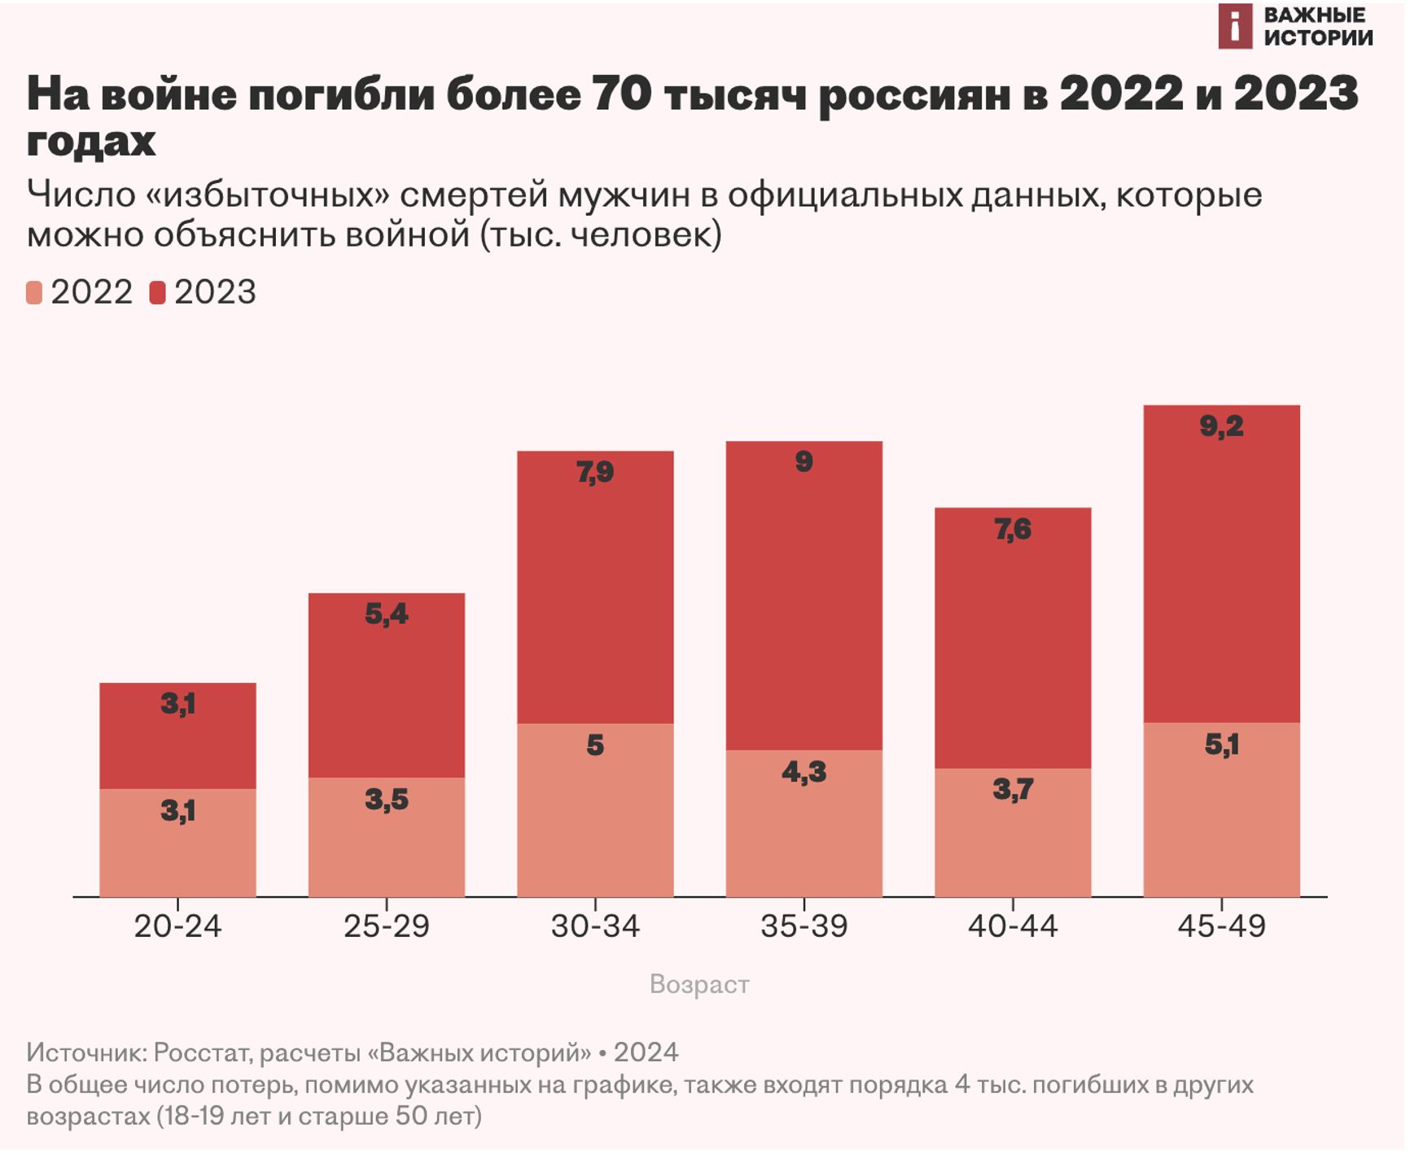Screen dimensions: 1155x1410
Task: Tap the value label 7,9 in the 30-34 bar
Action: pos(595,472)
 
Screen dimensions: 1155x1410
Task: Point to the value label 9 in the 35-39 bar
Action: pos(804,462)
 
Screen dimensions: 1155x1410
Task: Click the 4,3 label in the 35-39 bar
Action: pos(804,772)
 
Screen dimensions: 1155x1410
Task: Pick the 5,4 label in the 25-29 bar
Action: pos(386,614)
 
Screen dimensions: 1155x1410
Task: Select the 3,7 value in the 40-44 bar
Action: pos(1013,789)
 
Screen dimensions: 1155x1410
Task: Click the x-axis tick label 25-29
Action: pos(386,926)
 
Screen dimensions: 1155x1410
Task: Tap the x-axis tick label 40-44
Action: pos(1013,926)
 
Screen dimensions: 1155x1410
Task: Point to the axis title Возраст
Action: pos(699,984)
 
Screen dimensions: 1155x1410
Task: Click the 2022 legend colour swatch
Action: pos(34,293)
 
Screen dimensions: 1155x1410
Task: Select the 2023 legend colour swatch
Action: pos(157,293)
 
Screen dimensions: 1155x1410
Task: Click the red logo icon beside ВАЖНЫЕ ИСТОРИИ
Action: pos(1234,26)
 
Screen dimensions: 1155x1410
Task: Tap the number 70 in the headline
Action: pos(621,94)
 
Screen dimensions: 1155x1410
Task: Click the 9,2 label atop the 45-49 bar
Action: pos(1221,426)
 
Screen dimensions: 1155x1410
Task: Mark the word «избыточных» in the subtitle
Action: pos(267,195)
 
